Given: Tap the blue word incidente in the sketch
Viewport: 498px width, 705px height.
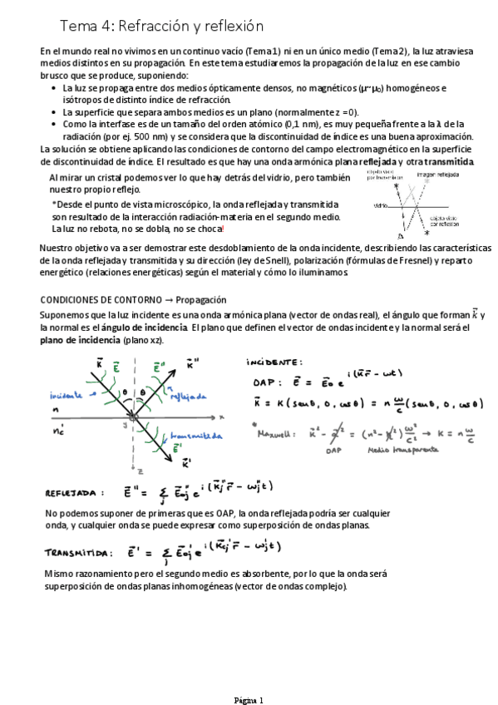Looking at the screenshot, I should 66,395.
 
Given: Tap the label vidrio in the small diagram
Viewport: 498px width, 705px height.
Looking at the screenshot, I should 381,205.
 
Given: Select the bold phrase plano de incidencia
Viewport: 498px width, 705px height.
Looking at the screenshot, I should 79,340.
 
